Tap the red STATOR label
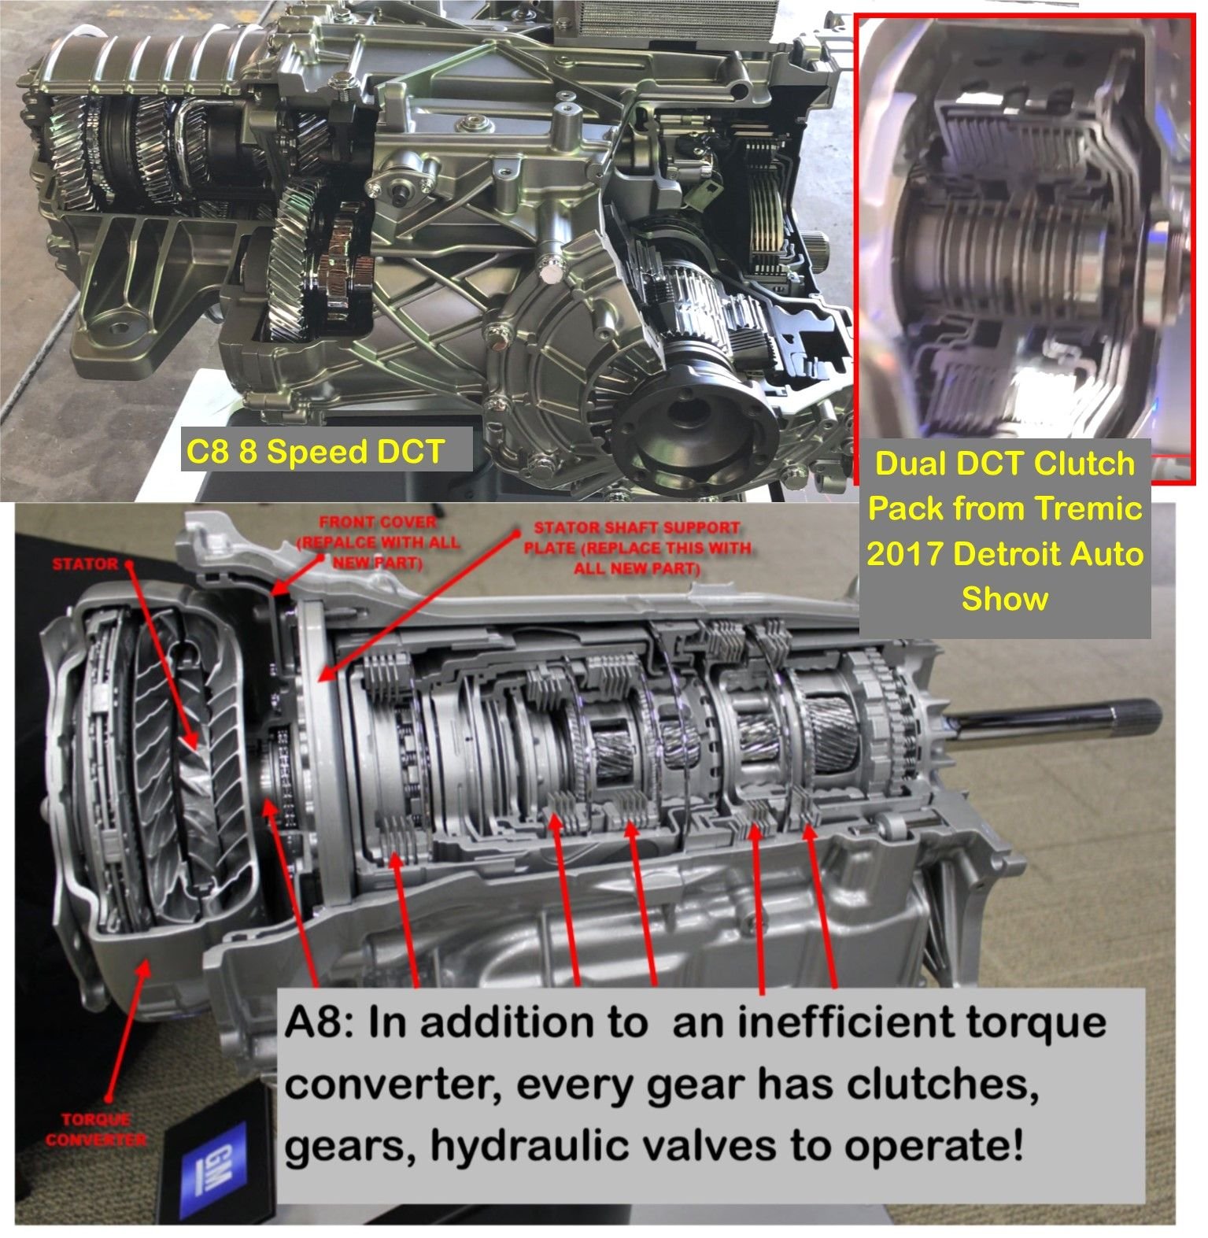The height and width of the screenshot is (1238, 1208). (85, 564)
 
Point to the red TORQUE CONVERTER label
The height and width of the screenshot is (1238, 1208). (95, 1129)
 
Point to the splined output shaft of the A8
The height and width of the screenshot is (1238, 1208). (1055, 722)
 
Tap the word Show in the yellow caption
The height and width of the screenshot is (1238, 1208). (1005, 599)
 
